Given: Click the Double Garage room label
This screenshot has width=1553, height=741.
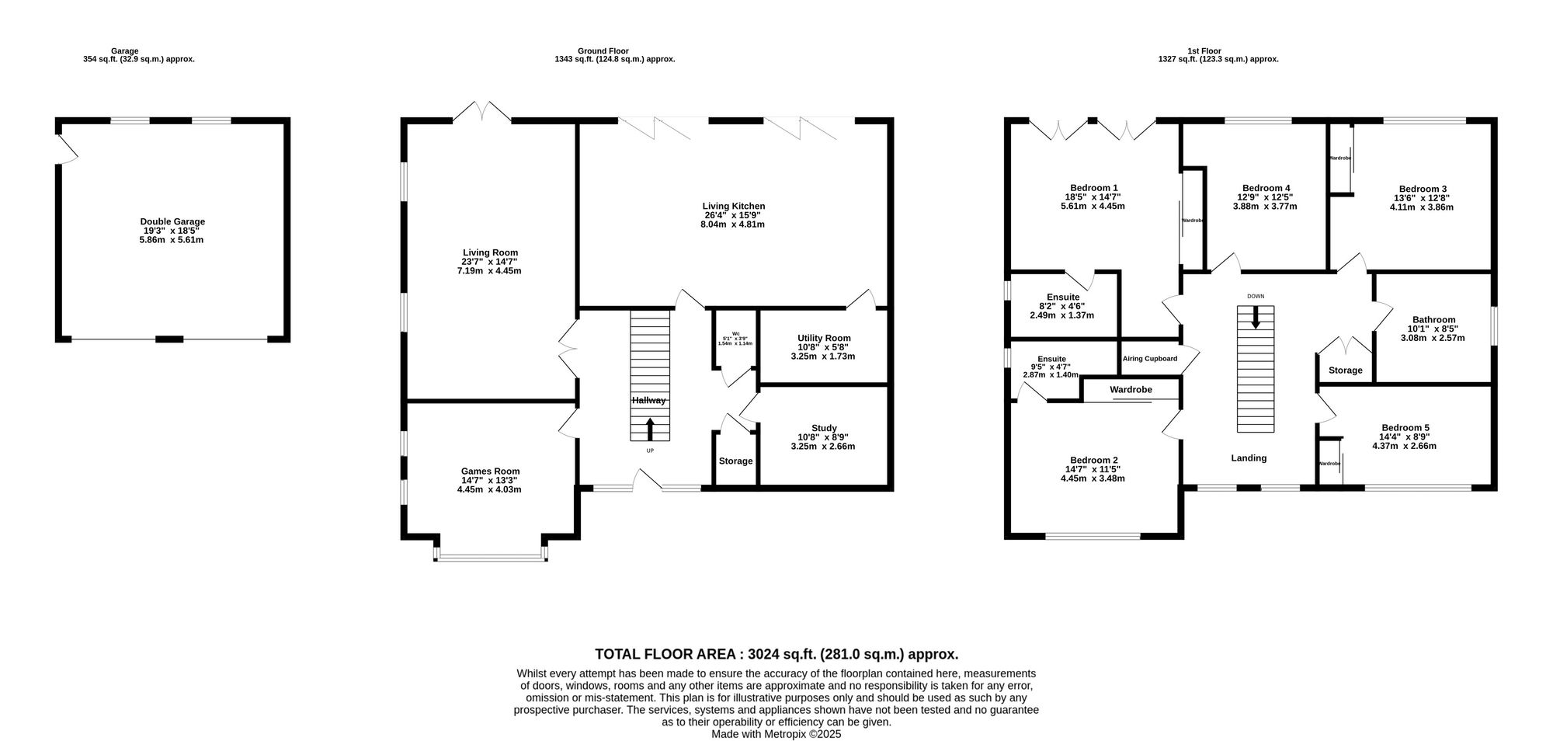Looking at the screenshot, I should pos(172,222).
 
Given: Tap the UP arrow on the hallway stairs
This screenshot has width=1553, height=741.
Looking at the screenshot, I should pos(650,430).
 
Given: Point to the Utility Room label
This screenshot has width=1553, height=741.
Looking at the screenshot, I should pos(823,338).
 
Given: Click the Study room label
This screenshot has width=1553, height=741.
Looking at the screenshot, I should pos(823,428).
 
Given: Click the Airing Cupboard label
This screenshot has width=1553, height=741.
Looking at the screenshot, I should pos(1149,359).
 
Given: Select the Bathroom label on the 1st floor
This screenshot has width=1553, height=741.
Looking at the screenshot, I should pos(1433,319).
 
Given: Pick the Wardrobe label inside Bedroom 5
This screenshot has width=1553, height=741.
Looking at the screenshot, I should pos(1329,464).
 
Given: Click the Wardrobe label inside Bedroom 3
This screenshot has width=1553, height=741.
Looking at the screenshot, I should pos(1340,158).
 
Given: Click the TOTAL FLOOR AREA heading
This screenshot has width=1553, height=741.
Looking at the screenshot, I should pos(776,655).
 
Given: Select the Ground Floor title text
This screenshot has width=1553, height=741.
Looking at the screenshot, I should pos(603,51).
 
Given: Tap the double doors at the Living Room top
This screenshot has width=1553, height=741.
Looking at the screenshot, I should pos(482,113).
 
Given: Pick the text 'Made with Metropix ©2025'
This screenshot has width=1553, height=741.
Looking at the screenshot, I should pos(776,733).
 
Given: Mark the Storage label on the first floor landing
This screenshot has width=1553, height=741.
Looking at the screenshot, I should pos(1345,370).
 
